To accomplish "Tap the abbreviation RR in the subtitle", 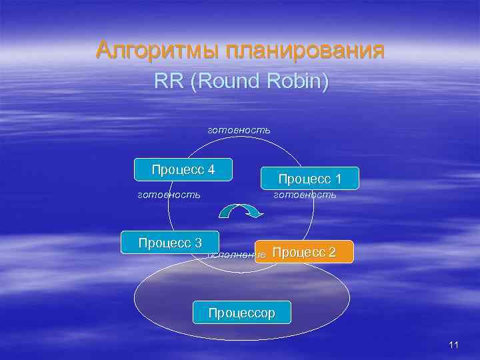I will [x=167, y=81].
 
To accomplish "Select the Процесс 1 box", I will [x=309, y=179].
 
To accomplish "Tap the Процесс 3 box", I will [x=170, y=242].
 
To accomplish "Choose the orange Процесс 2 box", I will [x=304, y=252].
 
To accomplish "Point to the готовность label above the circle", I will [x=239, y=129].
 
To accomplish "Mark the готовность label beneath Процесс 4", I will [x=169, y=195].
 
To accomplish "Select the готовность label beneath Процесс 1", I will [x=305, y=195].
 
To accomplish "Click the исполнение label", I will [x=237, y=254].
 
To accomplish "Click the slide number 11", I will [x=454, y=345].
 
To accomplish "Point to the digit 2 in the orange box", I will [x=331, y=252].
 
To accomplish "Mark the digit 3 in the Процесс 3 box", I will [x=197, y=242].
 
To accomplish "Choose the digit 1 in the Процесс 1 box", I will [x=338, y=179].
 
